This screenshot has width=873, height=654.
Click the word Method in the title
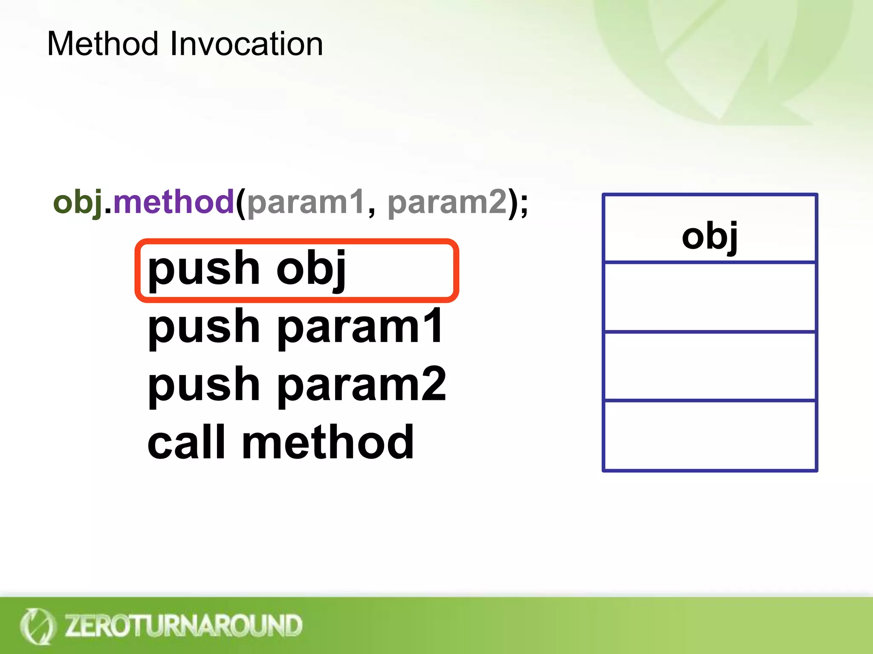point(102,44)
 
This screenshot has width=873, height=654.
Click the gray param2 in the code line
point(447,202)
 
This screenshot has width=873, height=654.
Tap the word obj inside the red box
point(311,270)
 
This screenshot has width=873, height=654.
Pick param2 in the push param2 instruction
point(362,385)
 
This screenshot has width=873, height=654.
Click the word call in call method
point(186,442)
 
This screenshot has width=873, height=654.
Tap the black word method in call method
point(328,442)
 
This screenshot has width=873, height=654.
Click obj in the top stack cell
point(709,236)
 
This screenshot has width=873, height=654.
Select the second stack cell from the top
point(709,297)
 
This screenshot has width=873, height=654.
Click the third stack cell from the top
point(709,366)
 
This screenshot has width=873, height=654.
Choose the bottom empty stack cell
point(709,435)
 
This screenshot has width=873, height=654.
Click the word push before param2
point(203,385)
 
